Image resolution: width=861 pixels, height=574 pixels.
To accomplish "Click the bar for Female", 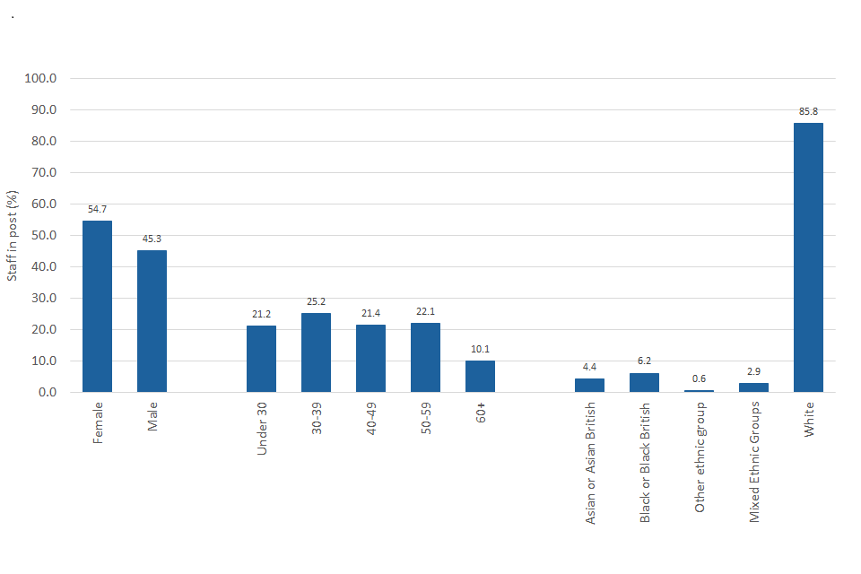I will pos(97,306).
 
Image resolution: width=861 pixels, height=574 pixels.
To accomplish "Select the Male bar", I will pos(152,321).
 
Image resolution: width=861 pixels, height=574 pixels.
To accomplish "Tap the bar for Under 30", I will pos(261,359).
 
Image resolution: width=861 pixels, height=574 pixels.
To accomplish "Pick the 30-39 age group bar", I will pos(316,352).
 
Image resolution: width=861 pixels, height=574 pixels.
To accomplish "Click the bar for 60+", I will pos(480,377).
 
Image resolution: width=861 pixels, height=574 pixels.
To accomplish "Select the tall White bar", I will pos(808,257).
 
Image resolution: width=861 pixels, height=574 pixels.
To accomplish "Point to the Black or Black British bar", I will pos(644,383).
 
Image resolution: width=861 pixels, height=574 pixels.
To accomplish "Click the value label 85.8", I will pos(808,111).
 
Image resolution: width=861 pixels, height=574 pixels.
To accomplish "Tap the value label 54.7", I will pos(97,209).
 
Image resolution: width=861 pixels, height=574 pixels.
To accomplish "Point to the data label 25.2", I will pos(316,301).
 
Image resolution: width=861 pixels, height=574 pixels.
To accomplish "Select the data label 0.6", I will pos(699,378).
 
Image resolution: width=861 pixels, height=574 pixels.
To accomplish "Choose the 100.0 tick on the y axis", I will pos(41,79).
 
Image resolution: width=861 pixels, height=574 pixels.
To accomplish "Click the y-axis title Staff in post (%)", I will pos(13,236).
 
